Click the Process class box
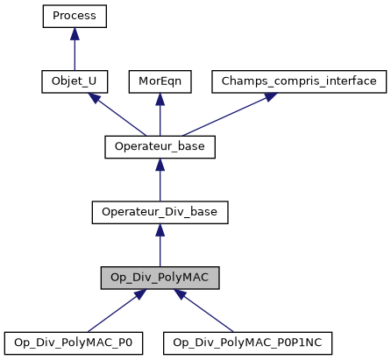click(75, 16)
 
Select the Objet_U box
click(75, 81)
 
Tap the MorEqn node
click(160, 81)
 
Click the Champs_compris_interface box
click(298, 81)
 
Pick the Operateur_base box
click(160, 146)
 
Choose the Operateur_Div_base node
click(160, 212)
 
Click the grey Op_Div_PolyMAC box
click(160, 278)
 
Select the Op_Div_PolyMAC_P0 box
click(74, 342)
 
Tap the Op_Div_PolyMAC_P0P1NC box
click(252, 342)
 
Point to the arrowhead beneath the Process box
click(75, 33)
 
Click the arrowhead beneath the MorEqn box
click(160, 99)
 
